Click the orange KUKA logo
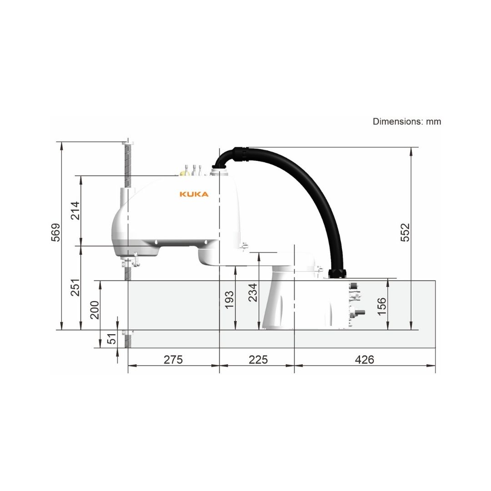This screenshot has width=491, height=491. point(194,194)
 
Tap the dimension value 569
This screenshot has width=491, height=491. point(56,232)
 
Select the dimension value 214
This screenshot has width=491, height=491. point(75,211)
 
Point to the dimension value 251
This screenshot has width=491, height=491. point(75,287)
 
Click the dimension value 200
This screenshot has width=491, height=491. point(95,310)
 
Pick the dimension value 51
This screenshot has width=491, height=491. point(111,339)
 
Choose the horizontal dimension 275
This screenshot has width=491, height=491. point(173,360)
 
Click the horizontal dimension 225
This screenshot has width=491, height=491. point(258,360)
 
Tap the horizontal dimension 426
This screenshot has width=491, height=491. point(365,360)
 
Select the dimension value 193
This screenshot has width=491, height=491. point(230,300)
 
